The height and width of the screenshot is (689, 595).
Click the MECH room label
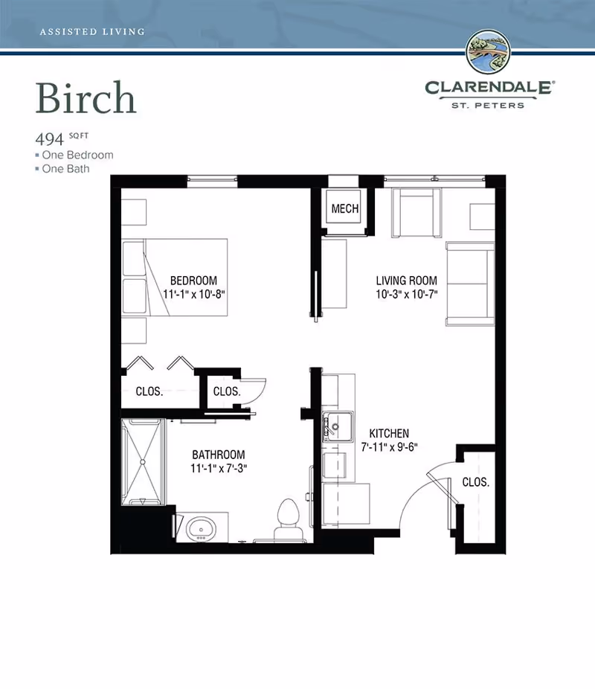click(x=344, y=208)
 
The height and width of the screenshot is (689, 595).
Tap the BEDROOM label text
click(x=193, y=281)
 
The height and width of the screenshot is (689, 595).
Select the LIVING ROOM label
click(x=406, y=281)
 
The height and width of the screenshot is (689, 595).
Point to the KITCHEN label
click(x=389, y=433)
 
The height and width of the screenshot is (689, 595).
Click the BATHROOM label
click(x=218, y=455)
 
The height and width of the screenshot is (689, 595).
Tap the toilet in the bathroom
click(x=289, y=519)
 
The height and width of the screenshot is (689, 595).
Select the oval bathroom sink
click(x=201, y=528)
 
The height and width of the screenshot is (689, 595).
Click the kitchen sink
click(x=337, y=426)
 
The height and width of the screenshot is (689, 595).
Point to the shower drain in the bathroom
click(x=143, y=462)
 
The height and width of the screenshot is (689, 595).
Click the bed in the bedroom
click(x=174, y=278)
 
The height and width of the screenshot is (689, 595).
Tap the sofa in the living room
click(x=470, y=284)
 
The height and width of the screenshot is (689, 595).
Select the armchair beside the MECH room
click(x=416, y=213)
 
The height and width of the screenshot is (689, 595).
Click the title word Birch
click(x=86, y=97)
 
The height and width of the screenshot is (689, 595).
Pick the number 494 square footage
click(x=50, y=139)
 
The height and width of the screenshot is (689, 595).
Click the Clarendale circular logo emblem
click(x=489, y=51)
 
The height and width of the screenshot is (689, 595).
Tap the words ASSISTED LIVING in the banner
click(x=92, y=32)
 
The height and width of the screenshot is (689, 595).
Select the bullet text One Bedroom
click(x=78, y=155)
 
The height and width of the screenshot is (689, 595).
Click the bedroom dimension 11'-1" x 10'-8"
click(x=193, y=294)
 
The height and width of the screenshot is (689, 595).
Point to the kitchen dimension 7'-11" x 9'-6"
click(x=389, y=447)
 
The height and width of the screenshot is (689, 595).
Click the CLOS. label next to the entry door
click(x=475, y=482)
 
